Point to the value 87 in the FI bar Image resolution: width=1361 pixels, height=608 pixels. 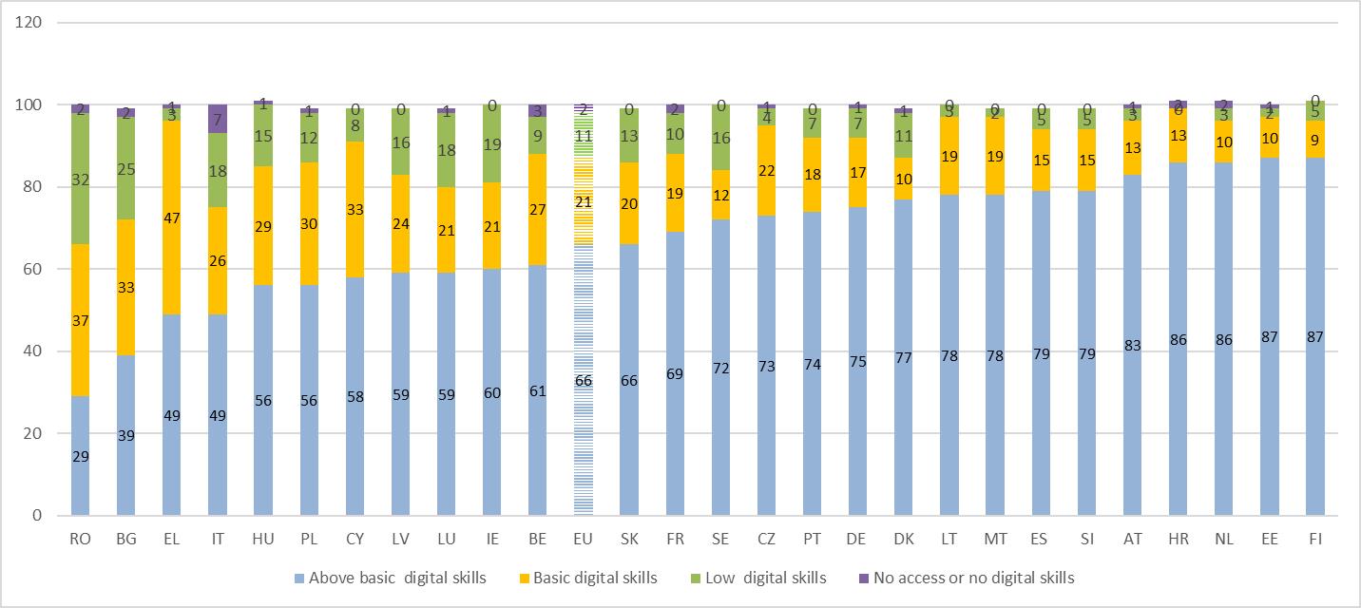point(1315,336)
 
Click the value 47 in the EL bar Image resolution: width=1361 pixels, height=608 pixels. point(171,218)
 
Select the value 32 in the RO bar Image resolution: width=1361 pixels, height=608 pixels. point(80,179)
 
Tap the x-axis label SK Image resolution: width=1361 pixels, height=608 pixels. point(629,539)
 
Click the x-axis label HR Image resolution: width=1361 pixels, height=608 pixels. point(1179,539)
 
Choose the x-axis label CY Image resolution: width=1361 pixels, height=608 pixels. point(355,539)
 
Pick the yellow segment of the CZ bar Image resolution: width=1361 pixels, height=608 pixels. point(766,171)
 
